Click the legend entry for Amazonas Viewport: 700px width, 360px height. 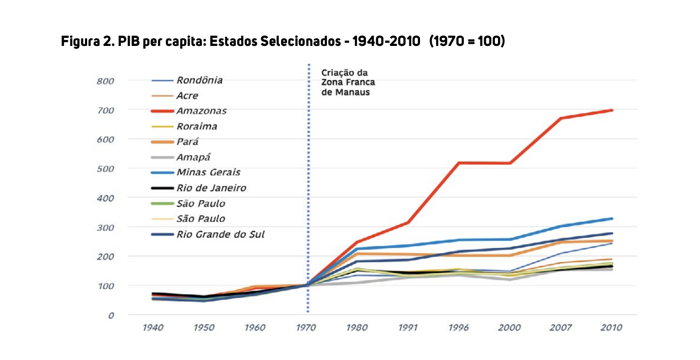(x=201, y=111)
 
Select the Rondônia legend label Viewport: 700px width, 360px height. (x=199, y=81)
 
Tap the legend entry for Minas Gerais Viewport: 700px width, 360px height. (x=208, y=173)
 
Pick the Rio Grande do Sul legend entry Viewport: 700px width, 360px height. (x=220, y=234)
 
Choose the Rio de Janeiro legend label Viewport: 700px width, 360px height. (x=211, y=188)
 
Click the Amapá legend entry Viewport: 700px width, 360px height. (x=193, y=157)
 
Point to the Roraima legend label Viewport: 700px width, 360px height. (x=196, y=127)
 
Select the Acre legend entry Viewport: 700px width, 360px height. (x=187, y=96)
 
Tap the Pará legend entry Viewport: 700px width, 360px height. (x=188, y=142)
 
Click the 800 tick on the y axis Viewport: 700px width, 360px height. (x=106, y=81)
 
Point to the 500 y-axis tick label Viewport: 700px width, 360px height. (x=106, y=169)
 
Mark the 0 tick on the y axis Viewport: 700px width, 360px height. (x=111, y=315)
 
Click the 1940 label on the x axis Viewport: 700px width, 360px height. (x=153, y=328)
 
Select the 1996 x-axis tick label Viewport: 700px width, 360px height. (x=458, y=328)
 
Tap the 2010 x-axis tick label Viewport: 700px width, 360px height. (x=611, y=328)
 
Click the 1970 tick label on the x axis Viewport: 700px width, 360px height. (x=306, y=328)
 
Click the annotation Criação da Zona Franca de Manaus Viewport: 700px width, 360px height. (x=348, y=82)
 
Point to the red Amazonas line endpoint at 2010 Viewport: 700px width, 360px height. (x=611, y=110)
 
